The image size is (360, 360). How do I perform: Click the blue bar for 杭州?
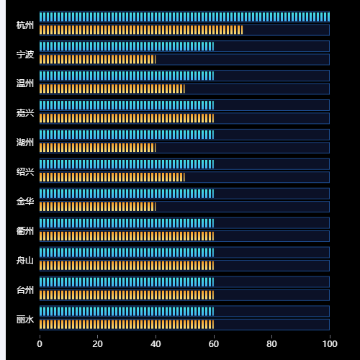184,17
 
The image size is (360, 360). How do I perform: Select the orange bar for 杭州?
141,30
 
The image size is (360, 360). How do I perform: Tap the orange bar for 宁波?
98,60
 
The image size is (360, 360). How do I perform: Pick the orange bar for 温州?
112,89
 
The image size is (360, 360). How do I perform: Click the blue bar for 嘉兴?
127,105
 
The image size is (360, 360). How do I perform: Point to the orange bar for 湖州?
98,148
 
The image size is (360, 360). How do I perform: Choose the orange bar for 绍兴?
112,177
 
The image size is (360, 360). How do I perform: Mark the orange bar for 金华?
98,207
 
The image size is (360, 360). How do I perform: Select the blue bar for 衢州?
127,223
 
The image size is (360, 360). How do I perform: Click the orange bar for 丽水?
127,325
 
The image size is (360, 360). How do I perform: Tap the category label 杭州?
25,25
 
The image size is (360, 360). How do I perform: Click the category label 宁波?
25,55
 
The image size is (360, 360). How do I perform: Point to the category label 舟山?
25,261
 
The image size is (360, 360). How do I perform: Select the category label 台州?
25,290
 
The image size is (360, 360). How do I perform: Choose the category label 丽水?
25,320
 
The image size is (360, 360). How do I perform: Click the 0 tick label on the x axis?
40,344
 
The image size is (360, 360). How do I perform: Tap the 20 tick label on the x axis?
98,344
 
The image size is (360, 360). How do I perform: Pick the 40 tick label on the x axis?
156,344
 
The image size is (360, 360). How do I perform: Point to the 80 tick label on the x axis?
271,344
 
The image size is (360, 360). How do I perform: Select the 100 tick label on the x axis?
330,344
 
